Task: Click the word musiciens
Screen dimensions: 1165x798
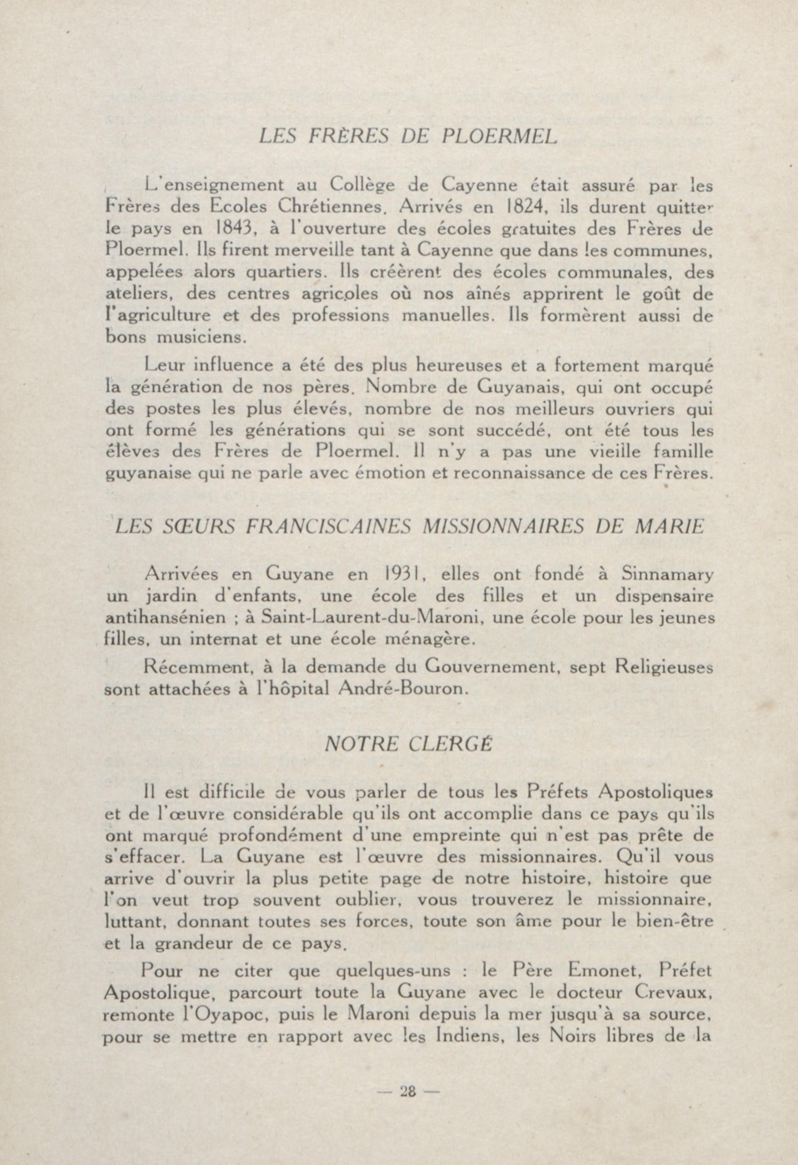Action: [x=202, y=337]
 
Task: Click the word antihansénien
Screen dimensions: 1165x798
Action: [x=165, y=618]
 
